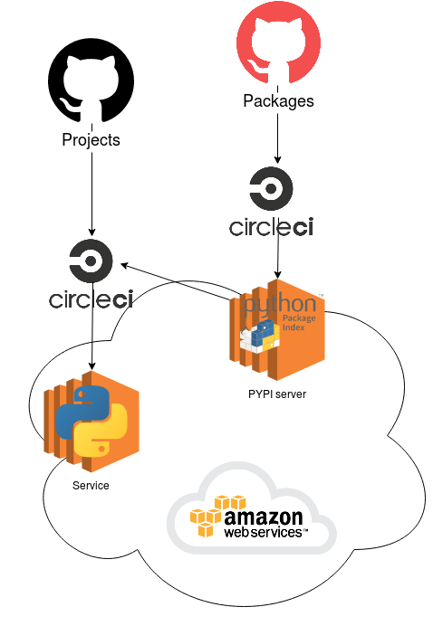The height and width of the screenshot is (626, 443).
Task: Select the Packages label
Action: (x=278, y=101)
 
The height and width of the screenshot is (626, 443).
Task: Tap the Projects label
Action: (x=91, y=140)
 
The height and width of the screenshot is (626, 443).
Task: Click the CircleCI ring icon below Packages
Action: (x=271, y=189)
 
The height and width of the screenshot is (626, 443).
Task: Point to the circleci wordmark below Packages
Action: (x=271, y=226)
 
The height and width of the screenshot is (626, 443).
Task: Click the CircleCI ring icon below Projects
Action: (x=91, y=261)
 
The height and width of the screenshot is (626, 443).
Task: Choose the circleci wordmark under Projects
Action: (x=91, y=299)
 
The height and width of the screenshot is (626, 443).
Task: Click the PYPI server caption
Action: (x=277, y=394)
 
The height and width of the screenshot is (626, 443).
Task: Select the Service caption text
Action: (x=91, y=486)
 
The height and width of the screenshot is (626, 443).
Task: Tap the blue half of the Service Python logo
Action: (x=82, y=404)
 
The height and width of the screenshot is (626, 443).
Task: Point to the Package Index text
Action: (x=298, y=325)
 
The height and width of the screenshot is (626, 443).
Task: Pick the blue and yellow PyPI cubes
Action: (x=257, y=342)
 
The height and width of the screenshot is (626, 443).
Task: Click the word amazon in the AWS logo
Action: (x=263, y=517)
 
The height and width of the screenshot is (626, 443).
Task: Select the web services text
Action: (x=265, y=533)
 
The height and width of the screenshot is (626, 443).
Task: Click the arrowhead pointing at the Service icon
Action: (x=91, y=365)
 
